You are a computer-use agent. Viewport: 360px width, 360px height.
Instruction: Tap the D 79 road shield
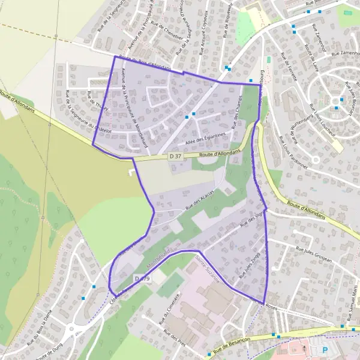click(142, 279)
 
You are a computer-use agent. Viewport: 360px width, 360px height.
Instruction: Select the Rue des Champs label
click(239, 112)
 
